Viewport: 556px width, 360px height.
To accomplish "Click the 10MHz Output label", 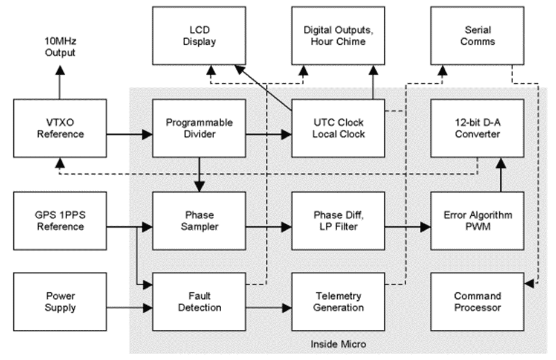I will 59,47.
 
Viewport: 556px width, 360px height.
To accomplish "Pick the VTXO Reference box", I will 59,127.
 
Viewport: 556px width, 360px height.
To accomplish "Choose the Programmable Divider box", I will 199,127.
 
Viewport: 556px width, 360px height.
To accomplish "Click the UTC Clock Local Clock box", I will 338,127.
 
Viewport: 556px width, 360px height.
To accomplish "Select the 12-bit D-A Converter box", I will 477,127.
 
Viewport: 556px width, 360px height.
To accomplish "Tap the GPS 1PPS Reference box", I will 59,220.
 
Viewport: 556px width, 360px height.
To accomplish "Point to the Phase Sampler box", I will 199,220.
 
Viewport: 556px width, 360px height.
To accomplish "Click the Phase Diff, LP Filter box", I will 338,220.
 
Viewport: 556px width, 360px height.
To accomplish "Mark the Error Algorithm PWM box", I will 477,220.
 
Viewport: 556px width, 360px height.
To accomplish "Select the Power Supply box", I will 59,301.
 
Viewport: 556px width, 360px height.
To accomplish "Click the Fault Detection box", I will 199,301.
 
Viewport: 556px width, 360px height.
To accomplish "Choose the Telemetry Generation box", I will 338,301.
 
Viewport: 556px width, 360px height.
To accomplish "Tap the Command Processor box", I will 477,301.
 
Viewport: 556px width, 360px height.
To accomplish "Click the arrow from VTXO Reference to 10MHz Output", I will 59,81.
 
